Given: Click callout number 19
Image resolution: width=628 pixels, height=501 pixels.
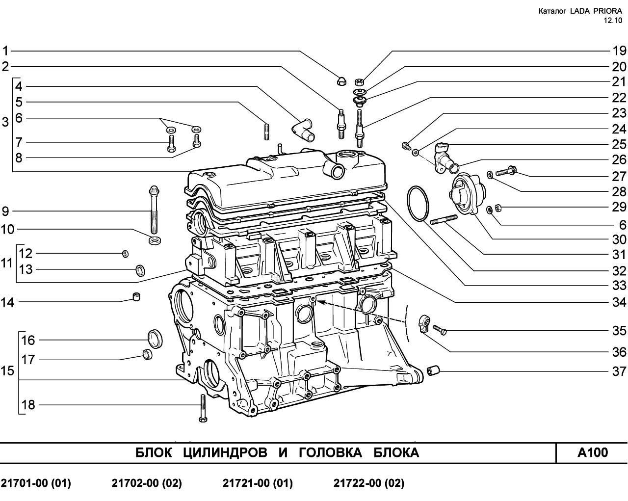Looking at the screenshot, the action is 619,51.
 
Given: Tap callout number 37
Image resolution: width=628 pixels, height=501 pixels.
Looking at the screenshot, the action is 619,371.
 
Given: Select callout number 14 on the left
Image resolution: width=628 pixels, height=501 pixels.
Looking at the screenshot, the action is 7,302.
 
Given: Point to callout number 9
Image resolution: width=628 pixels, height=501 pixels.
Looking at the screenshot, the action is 5,211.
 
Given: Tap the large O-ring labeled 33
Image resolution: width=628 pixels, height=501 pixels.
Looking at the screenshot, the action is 418,204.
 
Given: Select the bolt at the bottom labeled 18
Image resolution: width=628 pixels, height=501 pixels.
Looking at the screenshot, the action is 203,408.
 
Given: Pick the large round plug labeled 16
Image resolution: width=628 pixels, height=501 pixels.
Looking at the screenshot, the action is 155,339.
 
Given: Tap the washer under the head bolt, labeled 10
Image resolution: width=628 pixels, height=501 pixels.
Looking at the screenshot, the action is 155,240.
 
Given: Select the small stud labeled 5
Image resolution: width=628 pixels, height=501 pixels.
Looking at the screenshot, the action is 267,132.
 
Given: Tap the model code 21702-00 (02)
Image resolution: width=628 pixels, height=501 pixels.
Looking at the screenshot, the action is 147,483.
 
